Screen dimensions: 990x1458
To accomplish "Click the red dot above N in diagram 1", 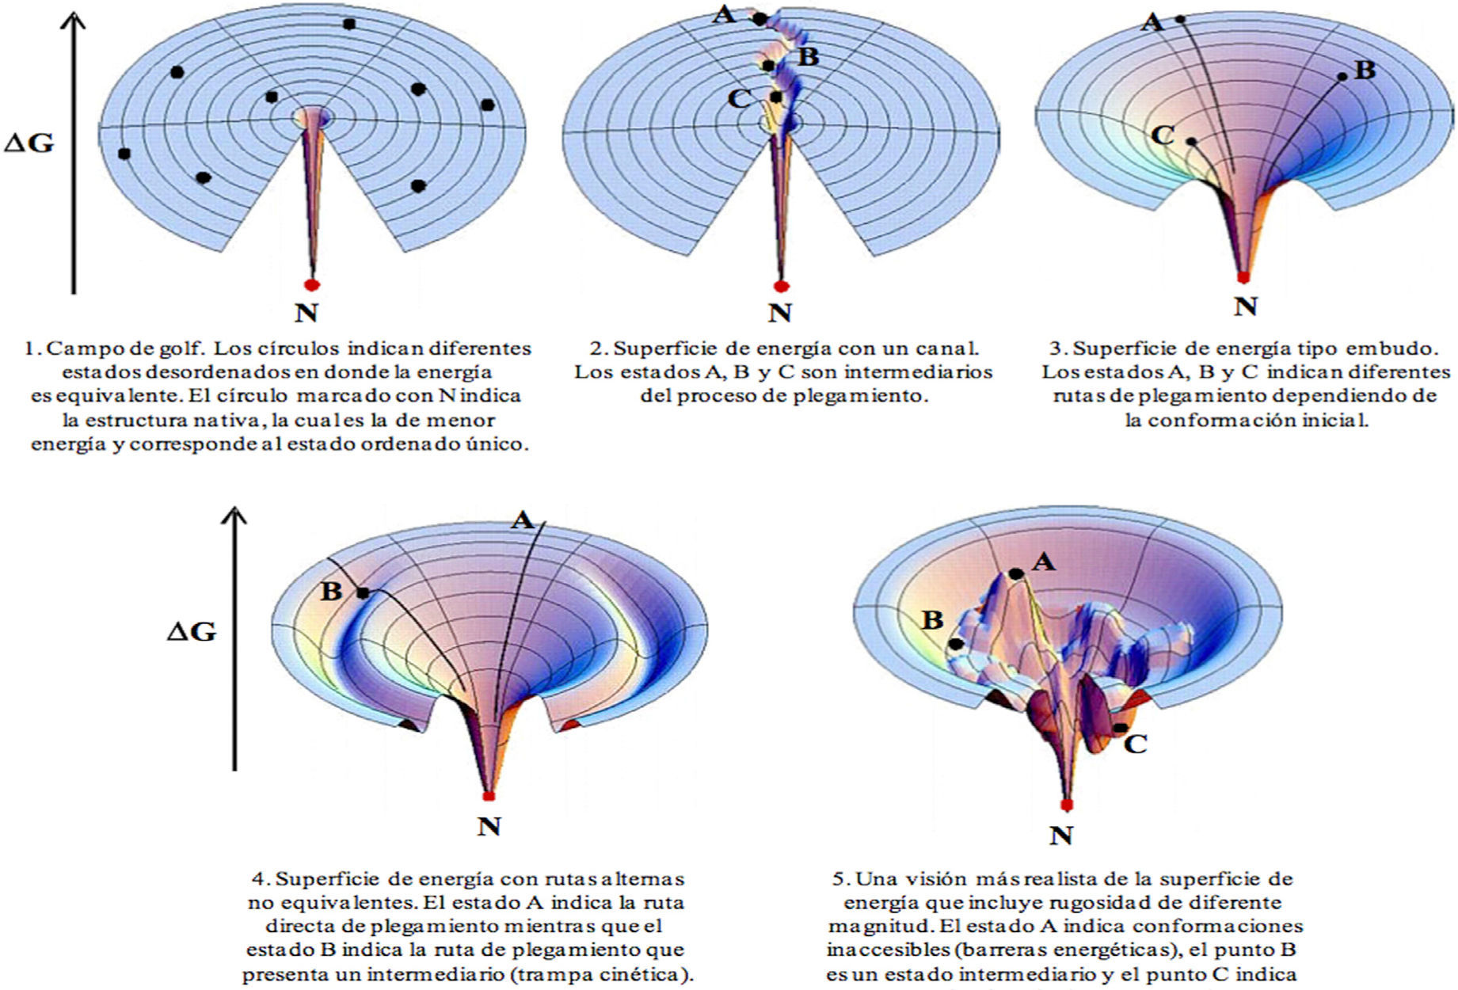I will point(312,284).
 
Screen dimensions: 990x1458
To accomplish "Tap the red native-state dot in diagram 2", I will point(782,285).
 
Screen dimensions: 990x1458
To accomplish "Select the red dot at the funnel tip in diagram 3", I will point(1243,277).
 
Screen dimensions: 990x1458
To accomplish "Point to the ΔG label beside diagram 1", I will point(29,143).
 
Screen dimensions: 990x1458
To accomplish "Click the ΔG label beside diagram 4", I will point(192,631).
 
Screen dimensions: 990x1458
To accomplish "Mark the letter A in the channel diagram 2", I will point(724,13).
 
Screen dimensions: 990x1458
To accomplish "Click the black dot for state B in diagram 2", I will point(768,65).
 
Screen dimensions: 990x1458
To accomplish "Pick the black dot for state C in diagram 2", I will point(776,97).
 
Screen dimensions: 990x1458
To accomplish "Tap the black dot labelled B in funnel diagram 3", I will point(1342,77).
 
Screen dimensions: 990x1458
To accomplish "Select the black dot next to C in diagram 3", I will point(1191,142).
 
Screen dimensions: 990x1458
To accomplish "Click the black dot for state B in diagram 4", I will point(363,592).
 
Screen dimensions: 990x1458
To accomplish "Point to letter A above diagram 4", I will point(522,520).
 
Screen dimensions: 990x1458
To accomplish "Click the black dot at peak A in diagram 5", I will point(1015,573).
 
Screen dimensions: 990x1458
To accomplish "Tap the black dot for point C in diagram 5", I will point(1119,728).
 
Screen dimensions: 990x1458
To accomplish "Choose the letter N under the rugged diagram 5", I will point(1061,835).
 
